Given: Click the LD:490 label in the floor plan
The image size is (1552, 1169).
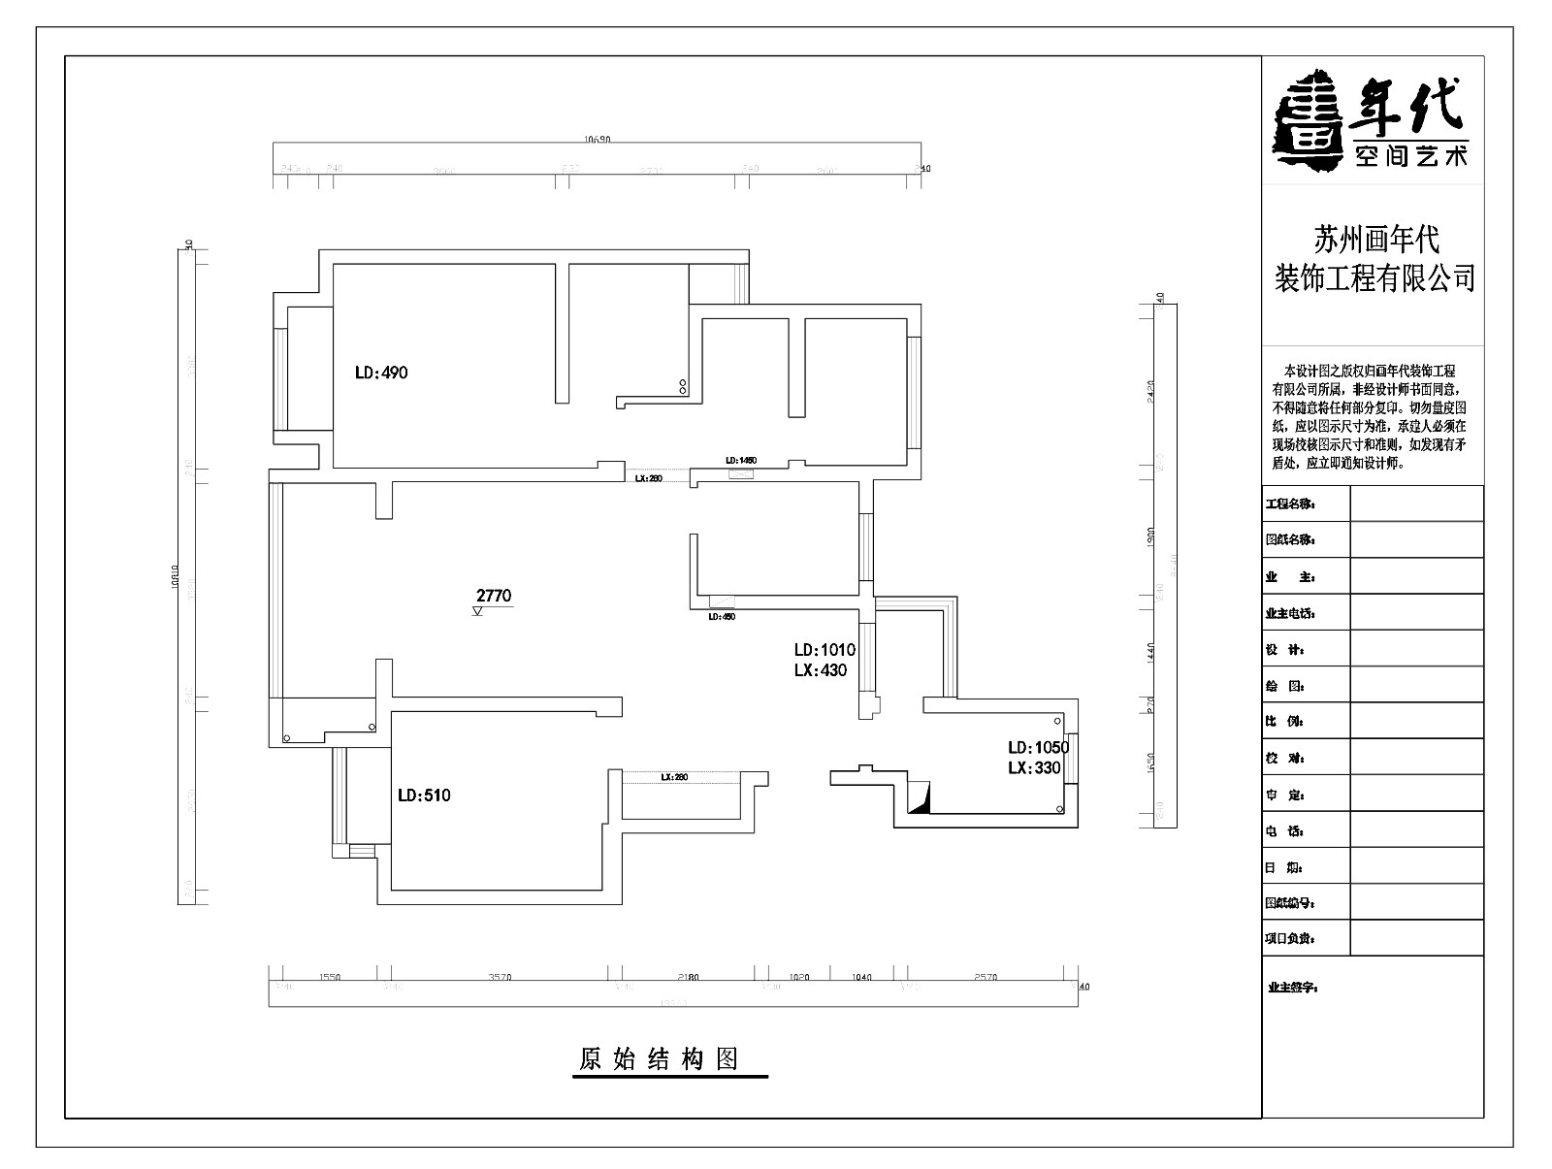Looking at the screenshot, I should tap(381, 373).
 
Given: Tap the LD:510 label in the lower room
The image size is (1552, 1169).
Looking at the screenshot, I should tap(424, 796).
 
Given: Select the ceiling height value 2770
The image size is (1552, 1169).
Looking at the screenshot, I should tap(494, 597).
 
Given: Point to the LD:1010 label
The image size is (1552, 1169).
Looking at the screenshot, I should tap(824, 650).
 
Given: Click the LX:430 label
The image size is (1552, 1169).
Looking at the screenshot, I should tap(821, 670).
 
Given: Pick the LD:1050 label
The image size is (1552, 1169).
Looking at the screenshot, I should tap(1038, 748).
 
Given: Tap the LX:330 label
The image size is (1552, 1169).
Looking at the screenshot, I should tap(1035, 768).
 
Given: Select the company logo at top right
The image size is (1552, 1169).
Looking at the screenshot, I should tap(1371, 120).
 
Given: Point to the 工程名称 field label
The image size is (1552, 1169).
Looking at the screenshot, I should tap(1290, 504).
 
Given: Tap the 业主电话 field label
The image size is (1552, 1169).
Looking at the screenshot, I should tap(1290, 613).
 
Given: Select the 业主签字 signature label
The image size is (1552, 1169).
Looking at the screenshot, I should tap(1293, 988).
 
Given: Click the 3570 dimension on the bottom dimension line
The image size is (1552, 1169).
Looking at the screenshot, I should tap(500, 978).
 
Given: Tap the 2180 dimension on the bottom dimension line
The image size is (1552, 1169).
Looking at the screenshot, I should tap(687, 978).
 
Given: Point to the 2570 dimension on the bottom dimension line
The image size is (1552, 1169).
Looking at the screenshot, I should tap(984, 978).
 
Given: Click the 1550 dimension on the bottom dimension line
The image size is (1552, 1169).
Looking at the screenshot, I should tap(330, 978).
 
